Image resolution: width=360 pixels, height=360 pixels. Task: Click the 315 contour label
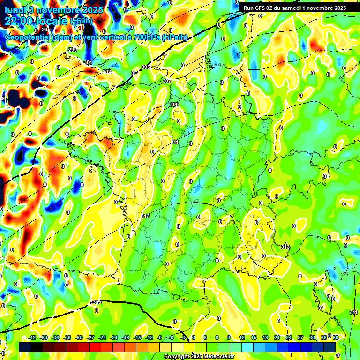(x=97, y=302)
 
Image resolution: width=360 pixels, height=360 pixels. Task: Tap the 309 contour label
(x=174, y=105)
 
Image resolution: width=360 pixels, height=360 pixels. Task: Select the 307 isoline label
(x=167, y=81)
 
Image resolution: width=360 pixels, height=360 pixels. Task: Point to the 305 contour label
(x=146, y=67)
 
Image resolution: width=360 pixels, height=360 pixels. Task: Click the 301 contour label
(x=89, y=62)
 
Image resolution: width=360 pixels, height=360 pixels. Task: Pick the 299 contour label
(x=73, y=50)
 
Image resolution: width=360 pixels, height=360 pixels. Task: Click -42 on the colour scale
(x=32, y=337)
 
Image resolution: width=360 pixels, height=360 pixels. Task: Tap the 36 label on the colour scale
(x=336, y=337)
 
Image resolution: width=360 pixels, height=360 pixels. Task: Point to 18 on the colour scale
(x=265, y=337)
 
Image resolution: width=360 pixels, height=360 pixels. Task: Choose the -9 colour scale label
(x=160, y=337)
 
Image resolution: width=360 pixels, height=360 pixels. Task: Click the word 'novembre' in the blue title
(x=56, y=10)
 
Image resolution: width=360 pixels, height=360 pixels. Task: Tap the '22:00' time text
(x=19, y=21)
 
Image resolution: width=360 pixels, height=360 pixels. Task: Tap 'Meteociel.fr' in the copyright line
(x=217, y=356)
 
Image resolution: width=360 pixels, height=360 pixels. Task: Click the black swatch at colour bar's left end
(x=25, y=347)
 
